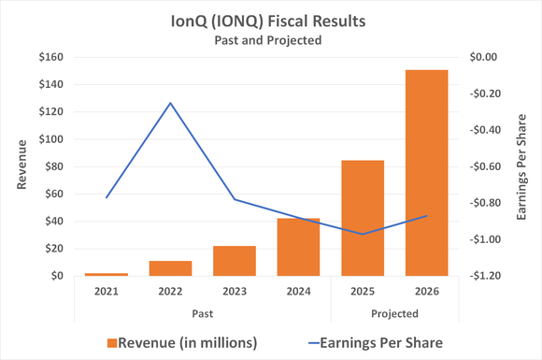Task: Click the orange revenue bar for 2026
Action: coord(426,173)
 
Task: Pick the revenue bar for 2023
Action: coord(235,261)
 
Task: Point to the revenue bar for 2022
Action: coord(170,268)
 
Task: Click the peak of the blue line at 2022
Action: coord(170,103)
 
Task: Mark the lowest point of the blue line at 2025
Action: coord(363,234)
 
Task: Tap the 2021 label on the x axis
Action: coord(107,292)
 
